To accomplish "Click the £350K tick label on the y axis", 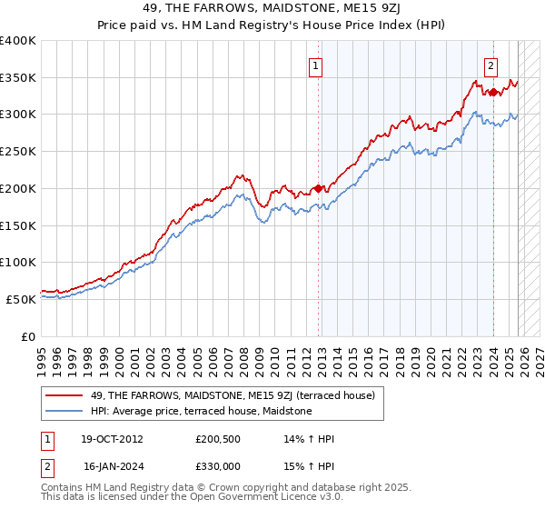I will tap(18, 78).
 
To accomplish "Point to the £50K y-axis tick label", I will tap(21, 299).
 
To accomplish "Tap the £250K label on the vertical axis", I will tap(18, 152).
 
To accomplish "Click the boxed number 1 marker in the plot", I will tap(315, 65).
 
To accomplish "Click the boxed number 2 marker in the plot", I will tap(490, 65).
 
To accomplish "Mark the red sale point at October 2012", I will tap(318, 188).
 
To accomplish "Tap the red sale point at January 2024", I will tap(493, 92).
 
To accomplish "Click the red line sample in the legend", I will tap(66, 395).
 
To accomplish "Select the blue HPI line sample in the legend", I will tap(66, 411).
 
